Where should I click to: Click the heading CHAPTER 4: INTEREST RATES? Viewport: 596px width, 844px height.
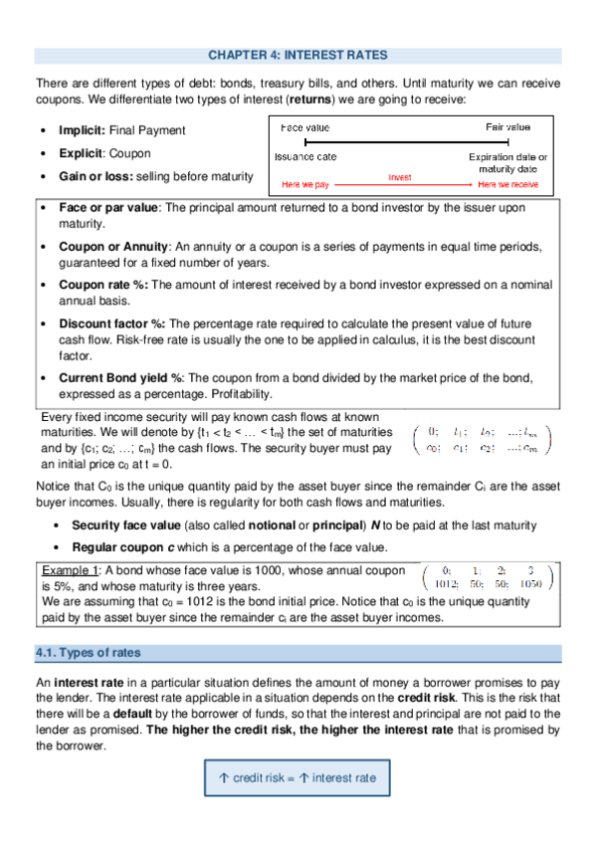(x=298, y=56)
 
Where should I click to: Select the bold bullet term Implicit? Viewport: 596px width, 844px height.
(x=85, y=130)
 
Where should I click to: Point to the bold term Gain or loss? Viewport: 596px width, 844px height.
(x=99, y=176)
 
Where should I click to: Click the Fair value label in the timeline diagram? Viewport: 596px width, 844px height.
(x=507, y=127)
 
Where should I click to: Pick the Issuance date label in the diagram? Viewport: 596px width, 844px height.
(x=305, y=157)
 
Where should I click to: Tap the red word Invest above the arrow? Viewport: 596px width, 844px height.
(x=400, y=176)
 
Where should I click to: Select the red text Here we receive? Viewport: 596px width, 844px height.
(x=507, y=184)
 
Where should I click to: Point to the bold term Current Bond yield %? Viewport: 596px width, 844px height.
(x=121, y=378)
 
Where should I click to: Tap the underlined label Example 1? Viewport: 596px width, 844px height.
(x=70, y=570)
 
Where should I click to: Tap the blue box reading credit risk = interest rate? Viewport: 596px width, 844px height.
(x=298, y=777)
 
